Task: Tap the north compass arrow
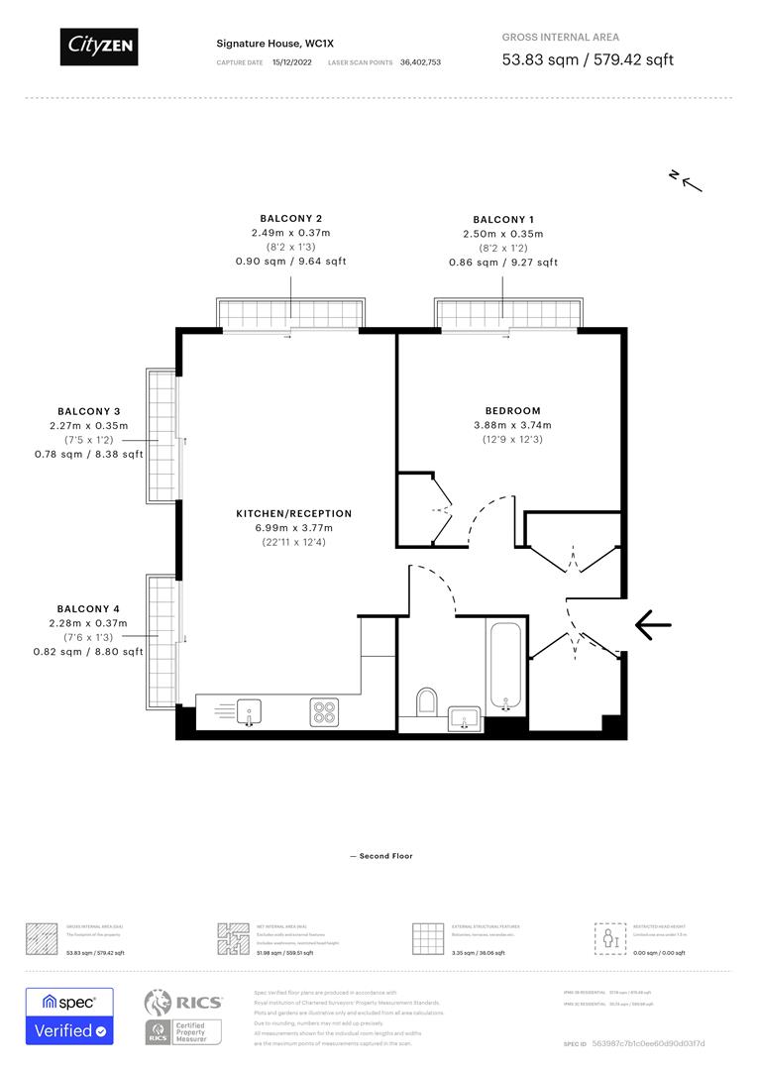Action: [686, 179]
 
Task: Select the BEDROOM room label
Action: [512, 411]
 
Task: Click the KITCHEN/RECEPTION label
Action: [293, 514]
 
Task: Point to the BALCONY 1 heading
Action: [503, 220]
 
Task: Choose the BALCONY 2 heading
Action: [290, 218]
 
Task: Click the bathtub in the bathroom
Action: [504, 665]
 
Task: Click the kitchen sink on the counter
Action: [249, 709]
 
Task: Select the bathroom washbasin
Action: [464, 716]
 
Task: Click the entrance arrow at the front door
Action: [653, 624]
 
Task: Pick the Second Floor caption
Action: [380, 856]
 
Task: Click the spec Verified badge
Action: [69, 1016]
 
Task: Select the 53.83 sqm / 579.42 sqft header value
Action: [588, 59]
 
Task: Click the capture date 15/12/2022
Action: [292, 61]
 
